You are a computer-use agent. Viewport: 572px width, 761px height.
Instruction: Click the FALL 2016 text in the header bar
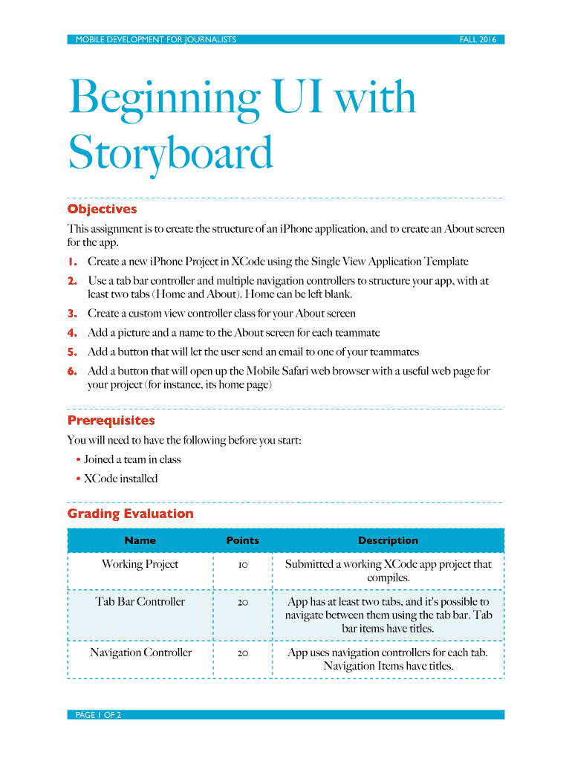tap(477, 39)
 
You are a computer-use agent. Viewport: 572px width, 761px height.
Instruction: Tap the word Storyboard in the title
tap(170, 154)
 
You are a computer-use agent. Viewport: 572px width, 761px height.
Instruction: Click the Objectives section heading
tap(102, 209)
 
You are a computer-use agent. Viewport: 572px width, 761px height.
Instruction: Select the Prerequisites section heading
tap(111, 421)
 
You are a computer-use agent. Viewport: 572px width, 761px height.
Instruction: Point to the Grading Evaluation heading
tap(130, 514)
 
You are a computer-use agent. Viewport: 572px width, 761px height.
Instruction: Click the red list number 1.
tap(72, 262)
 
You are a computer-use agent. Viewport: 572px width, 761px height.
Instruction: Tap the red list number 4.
tap(72, 333)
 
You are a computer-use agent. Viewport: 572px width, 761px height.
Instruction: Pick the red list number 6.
tap(72, 371)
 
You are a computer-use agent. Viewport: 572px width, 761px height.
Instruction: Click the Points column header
tap(242, 540)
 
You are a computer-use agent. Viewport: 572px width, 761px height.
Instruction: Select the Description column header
tap(388, 540)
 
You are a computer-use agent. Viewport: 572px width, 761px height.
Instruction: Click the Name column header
tap(140, 540)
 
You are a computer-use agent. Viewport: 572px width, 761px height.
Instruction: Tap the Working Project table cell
tap(140, 564)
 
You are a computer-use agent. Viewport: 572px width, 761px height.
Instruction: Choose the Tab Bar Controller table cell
tap(140, 602)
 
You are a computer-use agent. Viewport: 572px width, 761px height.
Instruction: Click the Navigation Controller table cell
tap(140, 652)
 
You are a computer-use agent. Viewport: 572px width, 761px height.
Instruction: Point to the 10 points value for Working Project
tap(243, 565)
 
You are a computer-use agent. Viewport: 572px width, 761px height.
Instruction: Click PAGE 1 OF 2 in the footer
tap(98, 715)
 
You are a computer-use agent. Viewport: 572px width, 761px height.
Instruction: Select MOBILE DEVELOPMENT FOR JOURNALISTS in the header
tap(155, 39)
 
